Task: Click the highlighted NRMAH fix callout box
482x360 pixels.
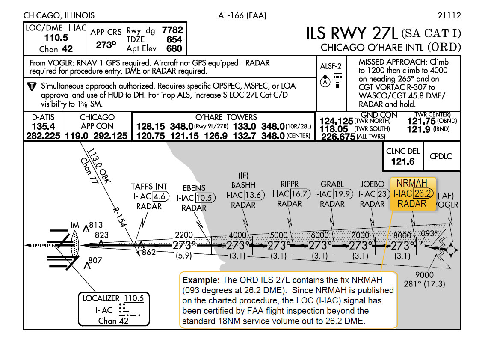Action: (x=412, y=194)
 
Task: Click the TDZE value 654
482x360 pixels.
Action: (x=174, y=39)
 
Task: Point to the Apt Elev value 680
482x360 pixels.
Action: (x=174, y=49)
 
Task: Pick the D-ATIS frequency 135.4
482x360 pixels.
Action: (x=43, y=127)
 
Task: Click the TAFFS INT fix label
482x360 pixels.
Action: (x=149, y=187)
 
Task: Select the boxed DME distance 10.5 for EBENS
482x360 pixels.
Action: (x=204, y=198)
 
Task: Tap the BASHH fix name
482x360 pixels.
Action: (x=243, y=185)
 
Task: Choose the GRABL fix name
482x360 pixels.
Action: (x=332, y=184)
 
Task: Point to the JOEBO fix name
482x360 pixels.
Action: (x=372, y=184)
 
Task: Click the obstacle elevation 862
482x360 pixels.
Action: (x=149, y=252)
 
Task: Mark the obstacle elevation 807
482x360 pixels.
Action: (x=95, y=260)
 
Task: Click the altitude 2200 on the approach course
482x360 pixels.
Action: (x=184, y=235)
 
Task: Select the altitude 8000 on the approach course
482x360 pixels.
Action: (x=402, y=235)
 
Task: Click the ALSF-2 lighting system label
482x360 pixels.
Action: (x=331, y=66)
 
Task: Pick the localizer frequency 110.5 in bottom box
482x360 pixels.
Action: (x=134, y=298)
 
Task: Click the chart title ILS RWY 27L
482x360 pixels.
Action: (x=352, y=33)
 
